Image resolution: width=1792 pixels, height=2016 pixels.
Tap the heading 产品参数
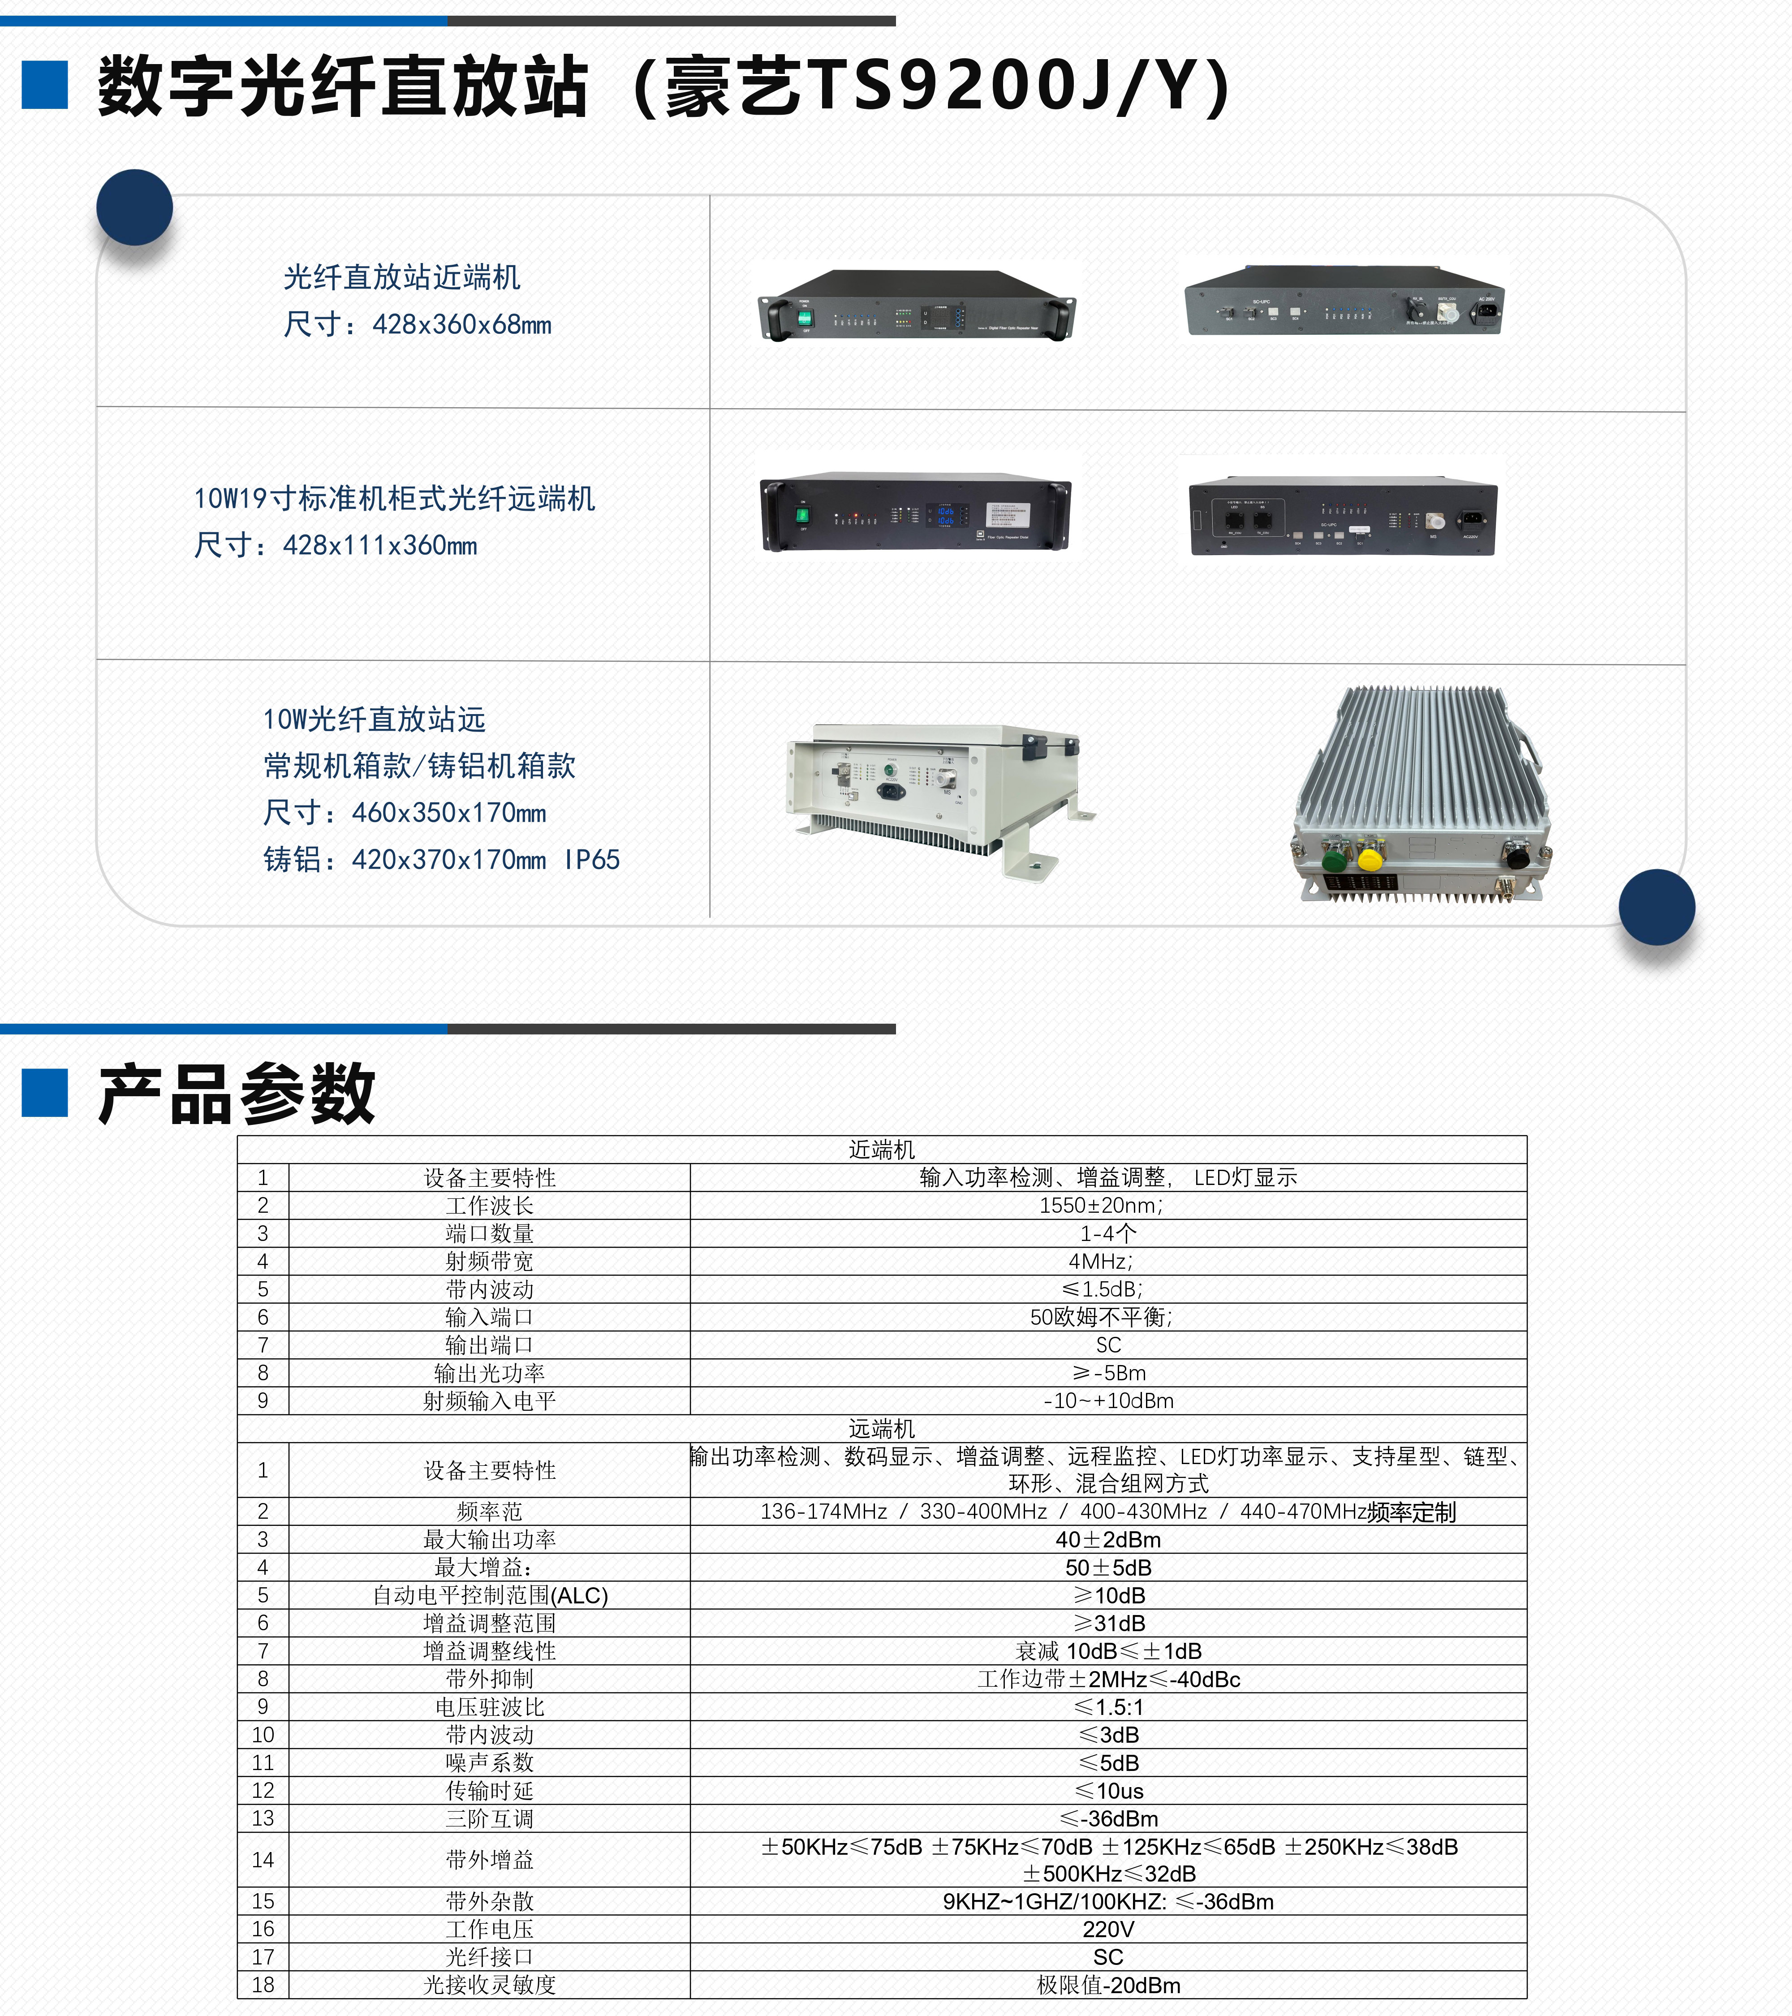pos(237,1095)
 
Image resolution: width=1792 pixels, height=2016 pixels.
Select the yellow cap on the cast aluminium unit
pos(1370,859)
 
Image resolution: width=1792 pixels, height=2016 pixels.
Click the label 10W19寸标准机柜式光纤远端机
pos(395,498)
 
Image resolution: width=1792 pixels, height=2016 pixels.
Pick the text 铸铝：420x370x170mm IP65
pos(442,859)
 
